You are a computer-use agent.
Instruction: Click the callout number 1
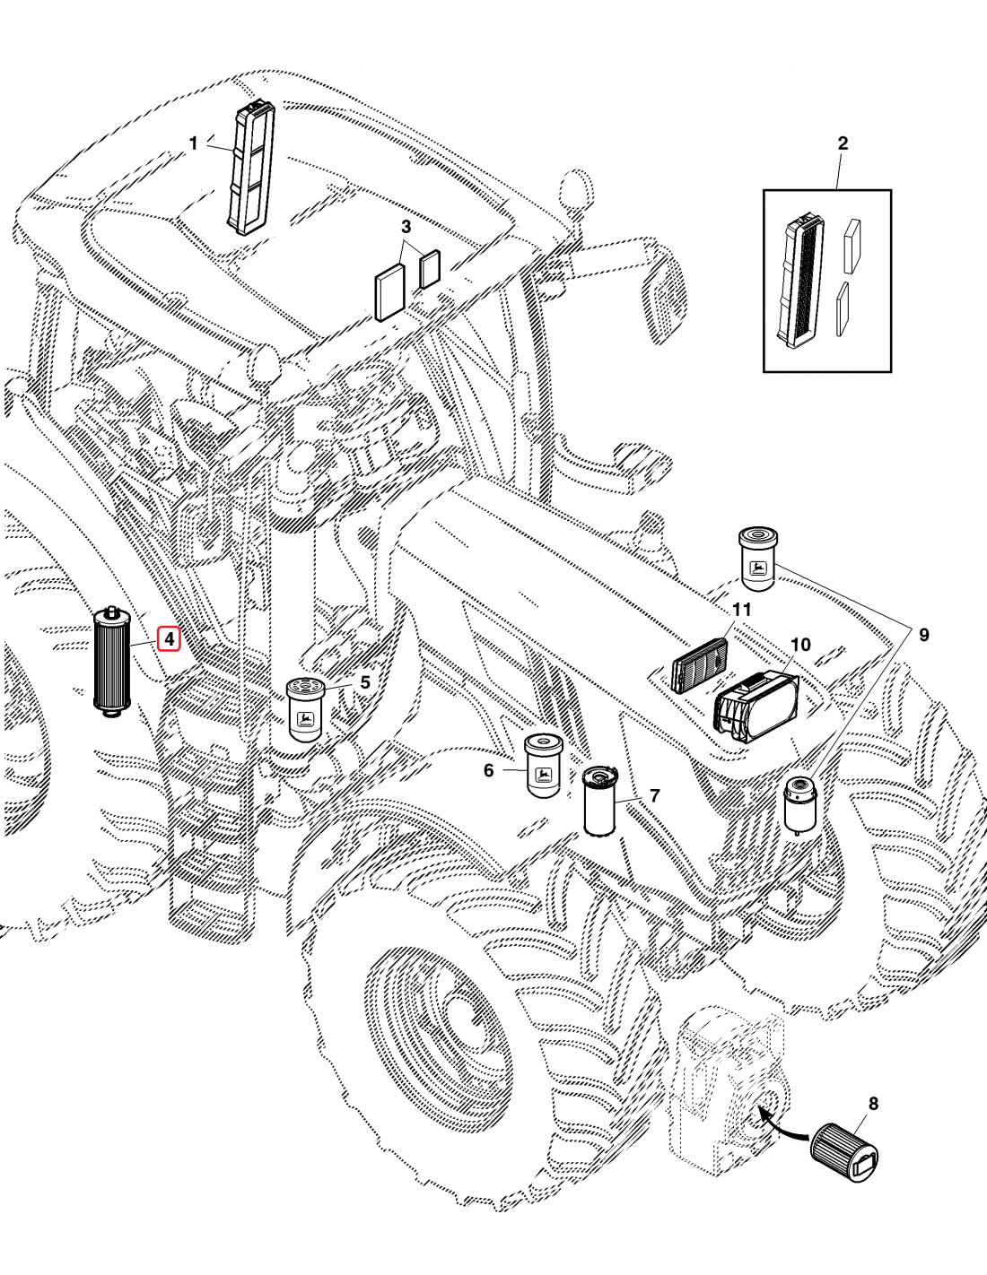[x=193, y=143]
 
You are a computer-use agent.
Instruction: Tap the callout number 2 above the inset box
[x=842, y=143]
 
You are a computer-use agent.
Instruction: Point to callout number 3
[x=406, y=227]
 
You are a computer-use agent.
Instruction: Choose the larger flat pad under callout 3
[x=389, y=293]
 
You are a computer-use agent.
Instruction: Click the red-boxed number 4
[x=169, y=639]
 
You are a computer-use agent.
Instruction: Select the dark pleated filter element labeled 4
[x=112, y=661]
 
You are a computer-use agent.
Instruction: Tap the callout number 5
[x=364, y=682]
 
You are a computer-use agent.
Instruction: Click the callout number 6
[x=488, y=770]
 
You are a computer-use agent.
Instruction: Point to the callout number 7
[x=654, y=795]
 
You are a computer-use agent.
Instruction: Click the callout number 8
[x=872, y=1104]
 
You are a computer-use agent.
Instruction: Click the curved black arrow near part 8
[x=782, y=1129]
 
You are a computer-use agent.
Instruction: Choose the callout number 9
[x=923, y=636]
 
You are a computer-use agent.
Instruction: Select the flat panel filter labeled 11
[x=700, y=664]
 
